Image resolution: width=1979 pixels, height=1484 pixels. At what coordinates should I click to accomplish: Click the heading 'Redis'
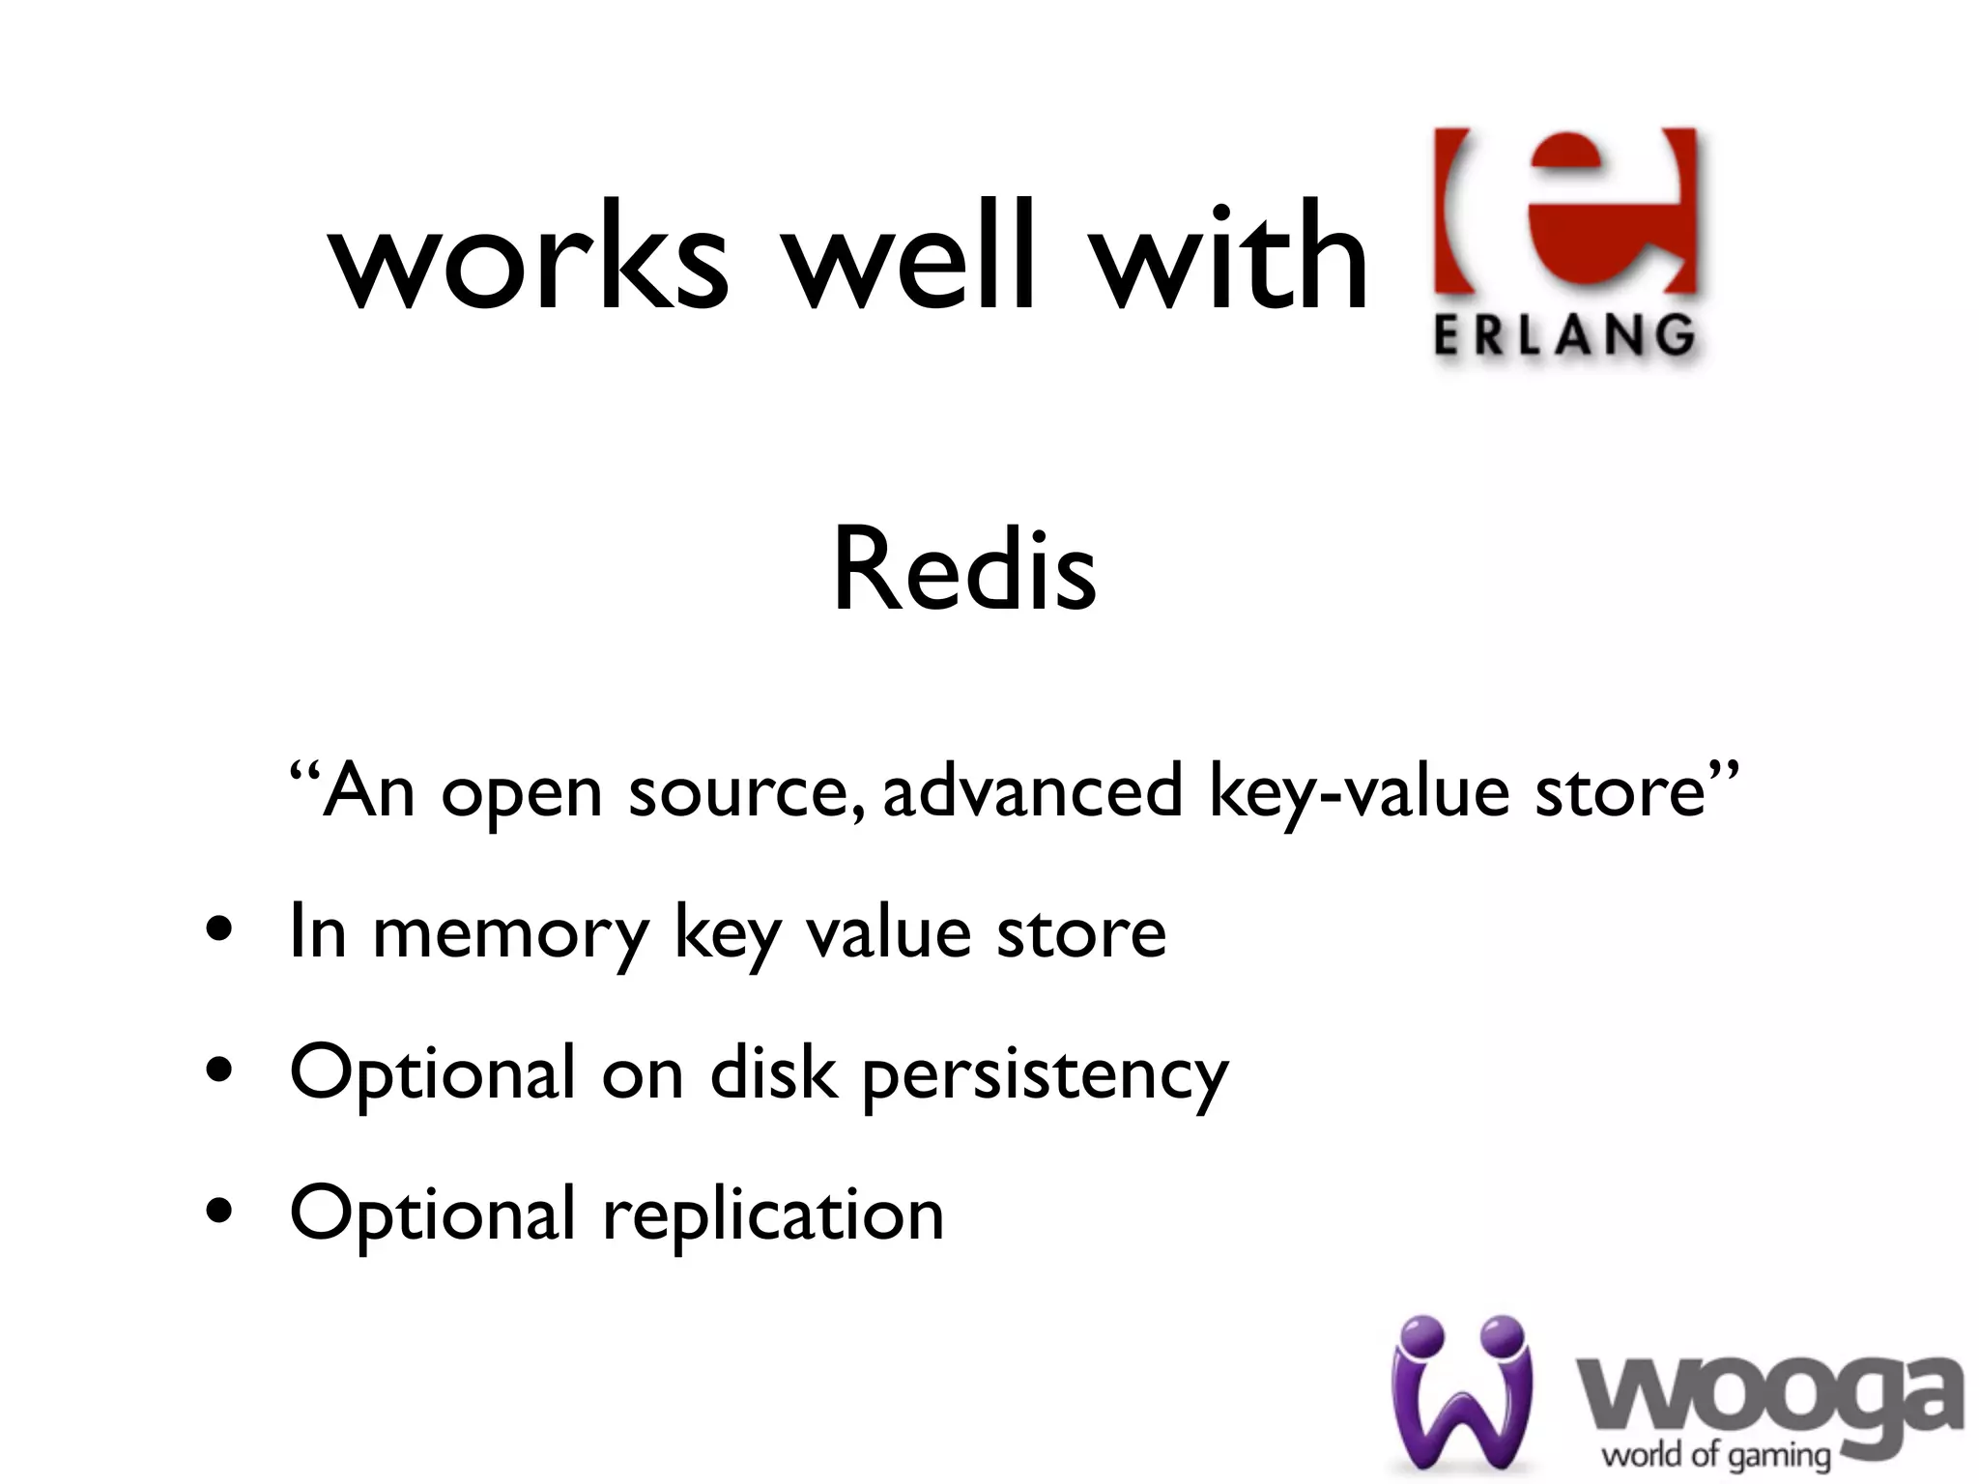[964, 570]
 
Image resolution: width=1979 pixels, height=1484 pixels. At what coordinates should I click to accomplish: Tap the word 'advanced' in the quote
[1033, 790]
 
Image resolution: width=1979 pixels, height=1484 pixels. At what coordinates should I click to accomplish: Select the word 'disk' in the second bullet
[773, 1072]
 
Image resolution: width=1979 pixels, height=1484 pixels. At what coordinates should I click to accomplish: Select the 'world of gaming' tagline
[1716, 1455]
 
